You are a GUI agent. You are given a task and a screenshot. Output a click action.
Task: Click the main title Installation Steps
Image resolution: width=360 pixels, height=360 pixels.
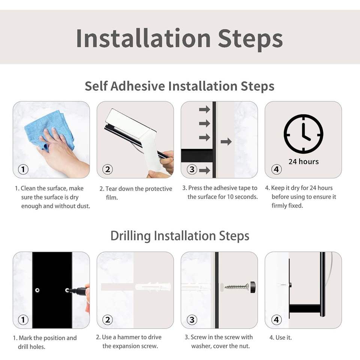click(179, 39)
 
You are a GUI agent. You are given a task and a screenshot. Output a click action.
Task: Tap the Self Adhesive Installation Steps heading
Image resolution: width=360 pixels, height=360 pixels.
click(180, 86)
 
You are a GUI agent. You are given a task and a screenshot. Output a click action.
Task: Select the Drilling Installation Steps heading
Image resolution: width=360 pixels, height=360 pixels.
click(180, 236)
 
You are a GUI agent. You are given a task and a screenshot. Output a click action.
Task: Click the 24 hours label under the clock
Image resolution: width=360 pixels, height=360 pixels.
click(303, 162)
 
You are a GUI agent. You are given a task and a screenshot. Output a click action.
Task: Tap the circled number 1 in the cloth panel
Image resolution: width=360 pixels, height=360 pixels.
click(23, 169)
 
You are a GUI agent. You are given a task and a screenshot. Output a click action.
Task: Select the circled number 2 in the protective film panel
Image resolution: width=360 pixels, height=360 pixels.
click(108, 169)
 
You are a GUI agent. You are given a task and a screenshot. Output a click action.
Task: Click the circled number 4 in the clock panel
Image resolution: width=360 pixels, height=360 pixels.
click(276, 169)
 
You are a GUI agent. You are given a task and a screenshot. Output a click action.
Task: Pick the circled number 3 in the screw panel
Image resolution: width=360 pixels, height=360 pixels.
click(192, 319)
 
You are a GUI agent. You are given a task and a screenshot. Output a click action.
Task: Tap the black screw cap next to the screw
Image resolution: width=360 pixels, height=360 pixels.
click(253, 287)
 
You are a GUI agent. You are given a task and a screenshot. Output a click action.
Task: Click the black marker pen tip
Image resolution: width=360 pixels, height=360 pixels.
click(68, 290)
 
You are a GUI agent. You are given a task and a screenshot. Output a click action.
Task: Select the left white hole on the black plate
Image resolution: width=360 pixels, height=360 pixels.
click(37, 290)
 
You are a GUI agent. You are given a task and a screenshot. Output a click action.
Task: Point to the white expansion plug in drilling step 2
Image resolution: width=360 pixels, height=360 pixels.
click(153, 287)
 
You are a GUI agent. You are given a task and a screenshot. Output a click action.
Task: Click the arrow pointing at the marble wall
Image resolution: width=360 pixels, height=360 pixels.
click(226, 142)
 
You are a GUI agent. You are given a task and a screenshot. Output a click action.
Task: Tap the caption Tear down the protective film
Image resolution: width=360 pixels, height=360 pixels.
click(136, 193)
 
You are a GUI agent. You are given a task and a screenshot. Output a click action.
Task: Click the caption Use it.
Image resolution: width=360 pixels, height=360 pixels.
click(280, 337)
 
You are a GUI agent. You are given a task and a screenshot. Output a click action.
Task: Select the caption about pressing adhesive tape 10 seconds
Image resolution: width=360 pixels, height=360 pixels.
click(220, 192)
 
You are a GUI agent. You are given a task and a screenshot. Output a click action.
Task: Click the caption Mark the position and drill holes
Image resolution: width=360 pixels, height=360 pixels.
click(45, 342)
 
